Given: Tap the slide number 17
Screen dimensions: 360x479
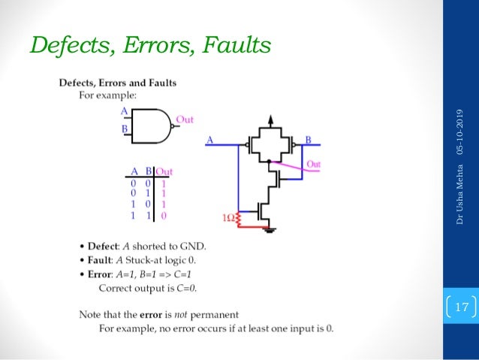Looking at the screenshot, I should [x=460, y=307].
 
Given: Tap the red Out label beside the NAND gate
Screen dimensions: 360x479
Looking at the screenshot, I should [x=185, y=119].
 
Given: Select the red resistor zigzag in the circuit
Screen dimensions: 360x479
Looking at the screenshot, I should [x=239, y=219].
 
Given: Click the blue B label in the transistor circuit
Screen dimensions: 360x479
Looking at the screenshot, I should [x=308, y=139].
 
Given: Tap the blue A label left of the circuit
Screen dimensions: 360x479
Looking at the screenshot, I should [x=209, y=139].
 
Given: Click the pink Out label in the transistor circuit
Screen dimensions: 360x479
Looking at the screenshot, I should [x=314, y=164].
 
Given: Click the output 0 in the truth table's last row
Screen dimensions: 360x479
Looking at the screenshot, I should [x=164, y=215].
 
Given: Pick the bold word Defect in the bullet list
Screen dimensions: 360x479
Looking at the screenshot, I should [x=102, y=247].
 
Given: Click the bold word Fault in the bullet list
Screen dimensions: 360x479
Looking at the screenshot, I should [x=100, y=260].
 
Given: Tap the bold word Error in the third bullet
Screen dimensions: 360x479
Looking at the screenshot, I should [x=100, y=274].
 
